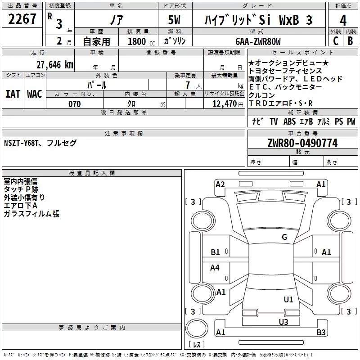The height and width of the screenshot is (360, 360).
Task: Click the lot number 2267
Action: pos(22,19)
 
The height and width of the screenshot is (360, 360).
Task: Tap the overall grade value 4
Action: pos(343,21)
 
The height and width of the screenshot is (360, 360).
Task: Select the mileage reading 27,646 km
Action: pos(54,65)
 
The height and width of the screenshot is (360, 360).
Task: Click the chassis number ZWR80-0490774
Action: pos(302,143)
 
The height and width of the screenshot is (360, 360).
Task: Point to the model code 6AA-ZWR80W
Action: pos(258,41)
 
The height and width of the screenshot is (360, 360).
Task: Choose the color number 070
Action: pos(75,104)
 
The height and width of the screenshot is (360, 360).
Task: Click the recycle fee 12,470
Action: pos(224,104)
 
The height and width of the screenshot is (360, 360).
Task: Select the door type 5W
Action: pos(174,20)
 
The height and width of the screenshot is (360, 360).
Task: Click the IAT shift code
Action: pos(13,94)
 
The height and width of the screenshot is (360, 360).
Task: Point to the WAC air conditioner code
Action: pos(35,94)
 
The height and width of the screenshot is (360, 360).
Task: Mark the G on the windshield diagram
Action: pos(284,237)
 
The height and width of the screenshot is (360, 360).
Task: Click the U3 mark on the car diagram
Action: pos(283,322)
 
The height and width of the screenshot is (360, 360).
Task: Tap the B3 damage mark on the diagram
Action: pos(321,332)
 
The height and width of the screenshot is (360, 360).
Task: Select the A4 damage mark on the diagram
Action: pos(215,267)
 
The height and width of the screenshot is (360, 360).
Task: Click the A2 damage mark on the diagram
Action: pos(220,184)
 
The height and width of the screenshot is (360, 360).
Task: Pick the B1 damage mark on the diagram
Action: pos(215,252)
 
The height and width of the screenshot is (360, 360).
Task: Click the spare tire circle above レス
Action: pos(197,328)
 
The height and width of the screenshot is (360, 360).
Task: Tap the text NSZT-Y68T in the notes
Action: pos(21,143)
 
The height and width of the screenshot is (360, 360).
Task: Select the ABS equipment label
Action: pos(289,121)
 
